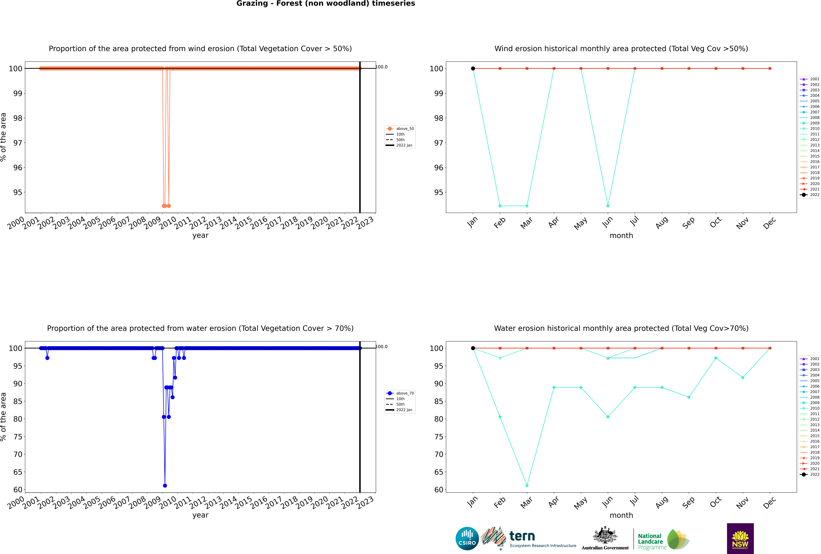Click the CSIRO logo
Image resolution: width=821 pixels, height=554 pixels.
467,538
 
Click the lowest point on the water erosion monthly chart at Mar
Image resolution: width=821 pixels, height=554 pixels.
527,485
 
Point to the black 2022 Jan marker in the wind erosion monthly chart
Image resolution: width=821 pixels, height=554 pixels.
473,69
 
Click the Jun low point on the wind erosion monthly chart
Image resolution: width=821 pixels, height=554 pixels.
608,206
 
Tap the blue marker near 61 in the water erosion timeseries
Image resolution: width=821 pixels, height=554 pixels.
165,485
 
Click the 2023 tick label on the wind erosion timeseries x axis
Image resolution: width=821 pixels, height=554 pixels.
365,223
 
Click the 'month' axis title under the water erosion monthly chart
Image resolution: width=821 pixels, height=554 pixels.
621,515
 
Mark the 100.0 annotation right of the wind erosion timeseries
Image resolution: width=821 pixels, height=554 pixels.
381,67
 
